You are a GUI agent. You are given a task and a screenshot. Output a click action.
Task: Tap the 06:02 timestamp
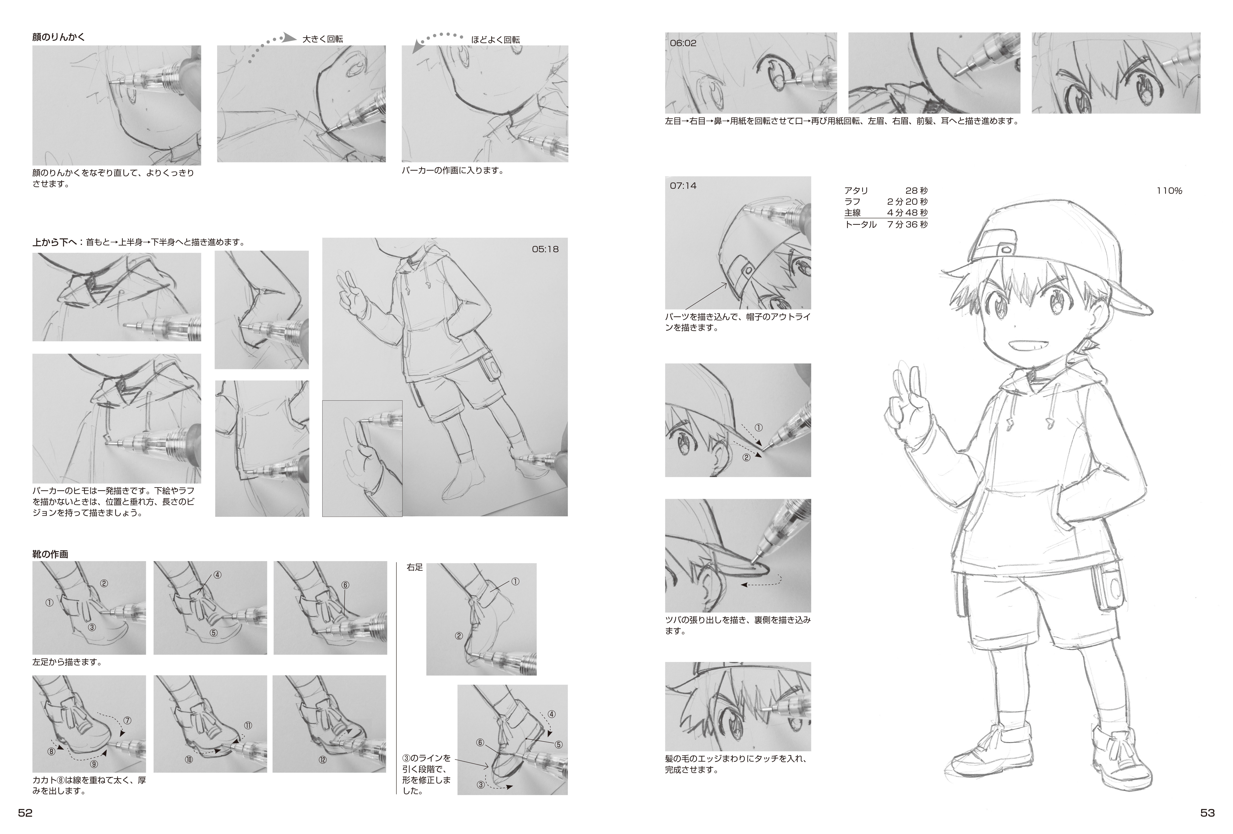coord(683,43)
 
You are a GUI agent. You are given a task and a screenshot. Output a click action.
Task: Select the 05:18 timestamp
coord(545,249)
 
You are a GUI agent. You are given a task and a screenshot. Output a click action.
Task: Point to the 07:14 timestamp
coord(683,186)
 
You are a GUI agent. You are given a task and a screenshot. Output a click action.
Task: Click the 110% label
coord(1169,191)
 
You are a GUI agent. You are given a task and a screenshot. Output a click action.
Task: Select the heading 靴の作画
coord(50,554)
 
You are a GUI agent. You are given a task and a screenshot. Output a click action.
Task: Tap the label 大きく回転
coord(323,39)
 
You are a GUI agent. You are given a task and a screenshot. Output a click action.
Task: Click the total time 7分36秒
coord(907,225)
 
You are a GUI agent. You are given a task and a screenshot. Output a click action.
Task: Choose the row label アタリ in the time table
coord(856,190)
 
